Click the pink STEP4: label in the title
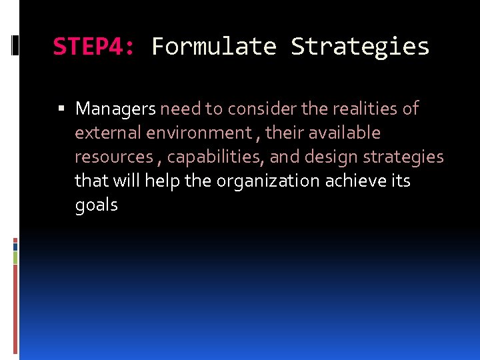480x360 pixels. coord(94,47)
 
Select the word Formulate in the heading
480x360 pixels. coord(213,47)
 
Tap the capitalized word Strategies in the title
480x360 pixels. coord(360,47)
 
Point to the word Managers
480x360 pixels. coord(115,109)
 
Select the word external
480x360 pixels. coord(107,133)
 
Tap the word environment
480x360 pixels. coord(199,133)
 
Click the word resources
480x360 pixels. coord(113,157)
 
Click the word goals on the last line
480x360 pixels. coord(96,205)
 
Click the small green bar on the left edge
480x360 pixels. coord(15,257)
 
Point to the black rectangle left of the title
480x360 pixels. coord(15,46)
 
